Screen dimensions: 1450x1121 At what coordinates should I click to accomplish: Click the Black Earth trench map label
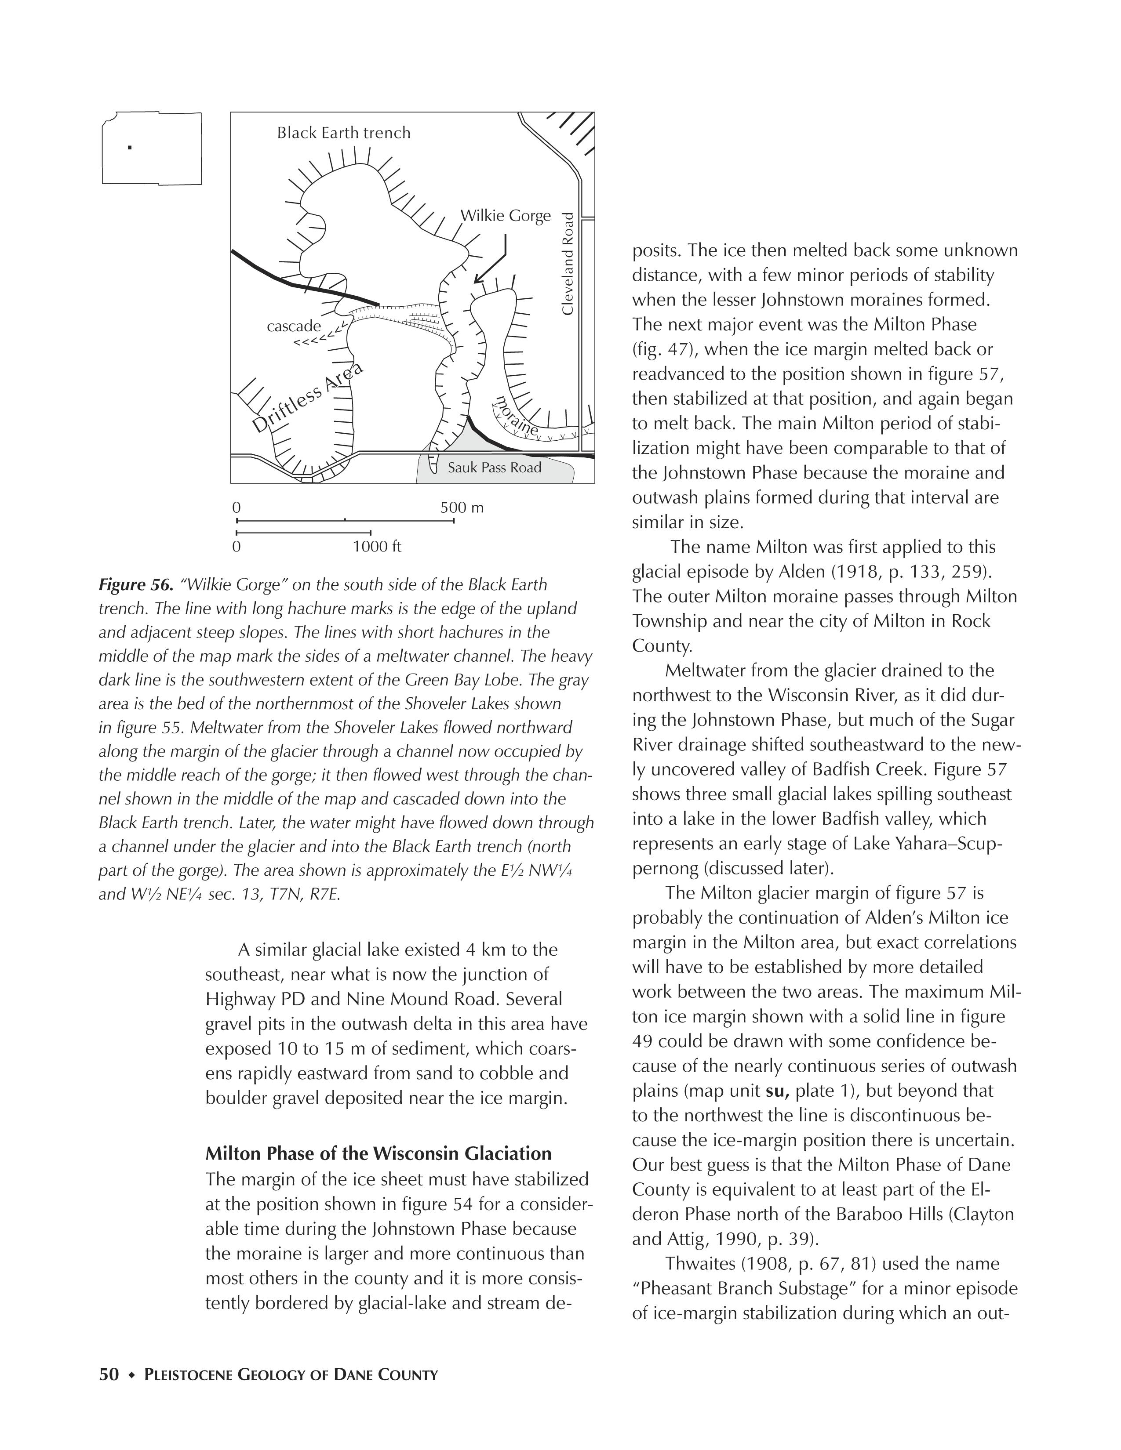pyautogui.click(x=343, y=133)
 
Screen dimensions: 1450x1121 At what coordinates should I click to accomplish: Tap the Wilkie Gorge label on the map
pyautogui.click(x=506, y=216)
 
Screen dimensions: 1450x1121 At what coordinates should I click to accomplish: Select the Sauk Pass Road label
pyautogui.click(x=494, y=468)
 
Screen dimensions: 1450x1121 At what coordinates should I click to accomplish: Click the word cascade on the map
pyautogui.click(x=294, y=326)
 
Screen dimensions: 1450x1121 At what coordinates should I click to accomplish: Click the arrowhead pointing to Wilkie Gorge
pyautogui.click(x=477, y=280)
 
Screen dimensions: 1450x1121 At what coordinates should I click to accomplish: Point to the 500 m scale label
pyautogui.click(x=462, y=508)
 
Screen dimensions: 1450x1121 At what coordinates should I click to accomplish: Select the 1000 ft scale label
pyautogui.click(x=377, y=547)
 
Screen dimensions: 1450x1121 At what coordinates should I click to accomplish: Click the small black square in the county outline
pyautogui.click(x=130, y=147)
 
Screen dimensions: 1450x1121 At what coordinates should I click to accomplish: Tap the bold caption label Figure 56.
pyautogui.click(x=135, y=585)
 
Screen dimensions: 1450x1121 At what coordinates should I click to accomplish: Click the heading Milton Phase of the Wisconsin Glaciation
pyautogui.click(x=379, y=1153)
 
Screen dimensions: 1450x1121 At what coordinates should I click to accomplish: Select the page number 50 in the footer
pyautogui.click(x=109, y=1374)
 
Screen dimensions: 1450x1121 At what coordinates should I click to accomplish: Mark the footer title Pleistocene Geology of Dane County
pyautogui.click(x=291, y=1375)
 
